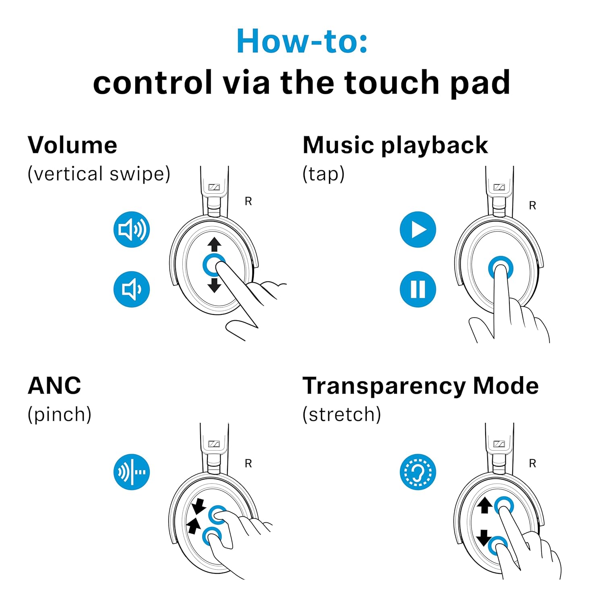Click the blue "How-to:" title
(x=302, y=41)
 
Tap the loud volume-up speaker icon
(x=132, y=230)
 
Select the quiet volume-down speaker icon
(x=132, y=289)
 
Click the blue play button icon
(x=418, y=230)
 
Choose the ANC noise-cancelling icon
(x=132, y=472)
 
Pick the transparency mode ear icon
(x=418, y=472)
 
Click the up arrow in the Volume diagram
(x=214, y=244)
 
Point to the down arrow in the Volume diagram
(x=214, y=285)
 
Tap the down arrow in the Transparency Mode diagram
(x=484, y=538)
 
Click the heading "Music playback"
(x=395, y=146)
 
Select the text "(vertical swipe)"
(x=99, y=174)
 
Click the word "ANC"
(x=54, y=386)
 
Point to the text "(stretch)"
(x=342, y=414)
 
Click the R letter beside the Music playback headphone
(x=532, y=206)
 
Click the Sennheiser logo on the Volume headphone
(x=214, y=187)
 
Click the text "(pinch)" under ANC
(x=60, y=414)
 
